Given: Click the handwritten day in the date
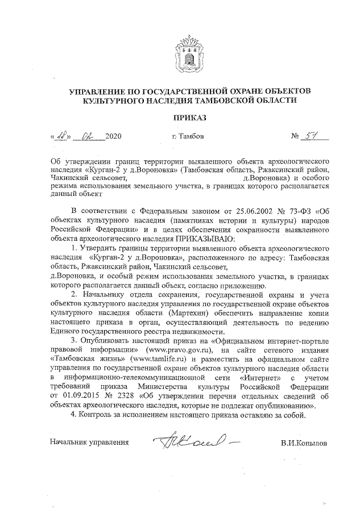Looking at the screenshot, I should tap(60, 136).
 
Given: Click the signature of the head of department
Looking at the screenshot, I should tap(190, 440).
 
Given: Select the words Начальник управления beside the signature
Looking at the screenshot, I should tap(89, 441).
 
